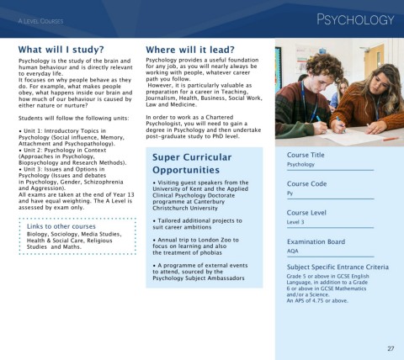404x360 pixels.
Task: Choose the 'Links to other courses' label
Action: (x=62, y=226)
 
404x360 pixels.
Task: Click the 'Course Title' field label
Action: (x=306, y=155)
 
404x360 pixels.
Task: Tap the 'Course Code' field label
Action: (x=306, y=183)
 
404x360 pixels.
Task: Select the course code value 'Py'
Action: (x=290, y=193)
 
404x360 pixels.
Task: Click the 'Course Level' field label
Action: (x=306, y=213)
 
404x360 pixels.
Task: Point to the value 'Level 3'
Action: (x=297, y=223)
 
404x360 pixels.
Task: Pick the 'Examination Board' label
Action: (x=316, y=241)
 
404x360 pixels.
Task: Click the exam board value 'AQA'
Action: (x=293, y=251)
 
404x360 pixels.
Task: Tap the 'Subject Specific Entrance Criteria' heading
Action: (x=337, y=267)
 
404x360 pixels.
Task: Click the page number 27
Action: (x=391, y=347)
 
